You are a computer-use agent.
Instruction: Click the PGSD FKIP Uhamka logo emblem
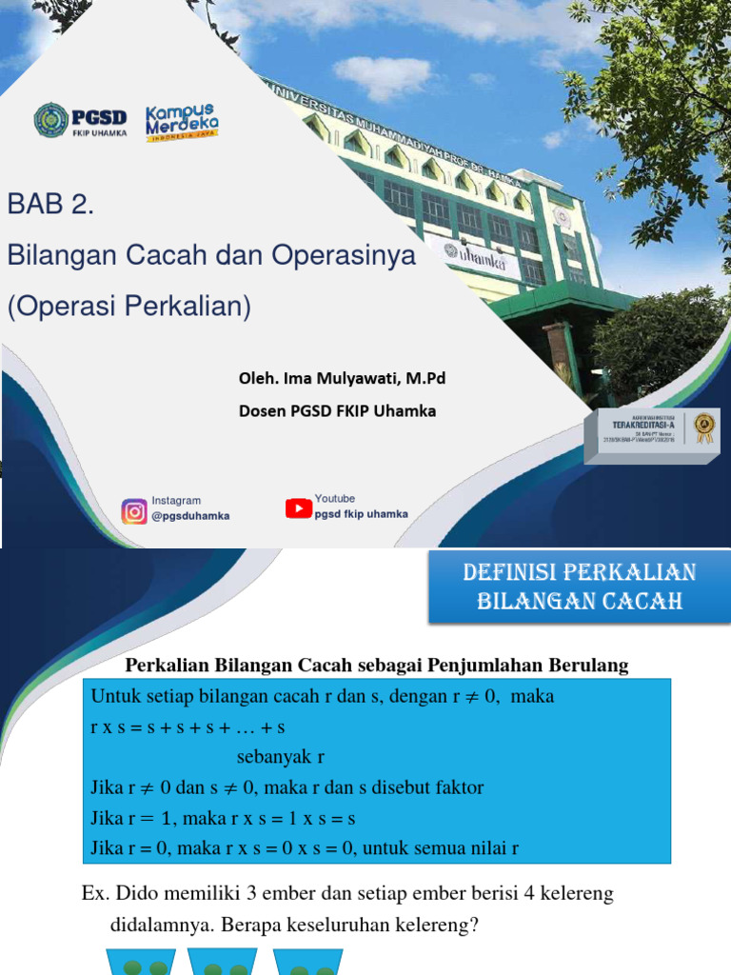click(50, 121)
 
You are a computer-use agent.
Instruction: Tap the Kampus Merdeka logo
click(182, 123)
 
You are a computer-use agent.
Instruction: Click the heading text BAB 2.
click(51, 204)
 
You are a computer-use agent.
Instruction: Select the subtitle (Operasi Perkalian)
click(128, 308)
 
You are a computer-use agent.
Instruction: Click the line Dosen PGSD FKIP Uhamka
click(337, 410)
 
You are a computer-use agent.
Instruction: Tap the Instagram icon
click(134, 511)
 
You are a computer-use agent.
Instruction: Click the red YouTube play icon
click(299, 508)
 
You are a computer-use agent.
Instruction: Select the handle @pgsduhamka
click(190, 516)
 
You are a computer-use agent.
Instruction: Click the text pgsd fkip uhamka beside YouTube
click(361, 514)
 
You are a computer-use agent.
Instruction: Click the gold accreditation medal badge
click(703, 426)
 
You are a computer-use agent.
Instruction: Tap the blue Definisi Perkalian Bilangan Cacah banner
click(580, 587)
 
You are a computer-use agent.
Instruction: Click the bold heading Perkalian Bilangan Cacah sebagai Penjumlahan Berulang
click(377, 666)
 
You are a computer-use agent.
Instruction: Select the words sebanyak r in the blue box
click(281, 757)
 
